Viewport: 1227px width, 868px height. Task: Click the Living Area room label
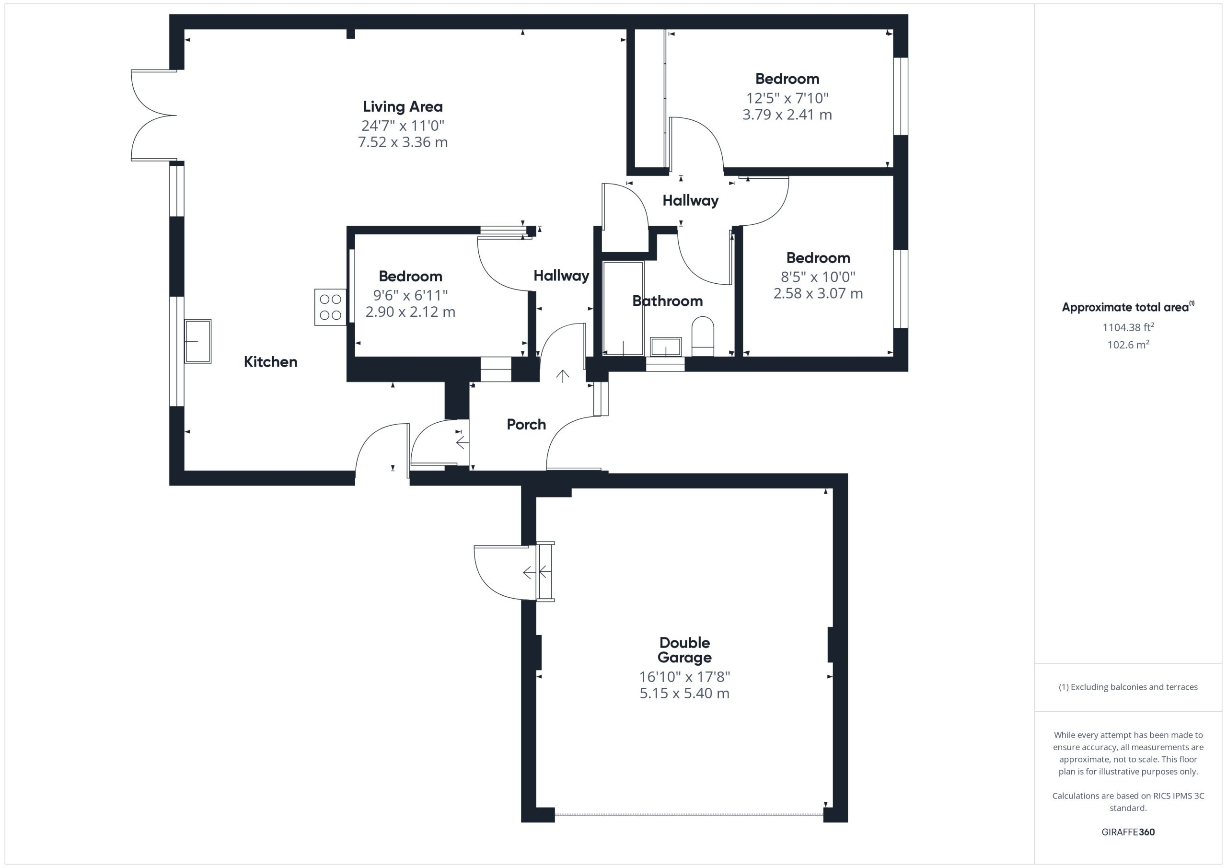(x=403, y=106)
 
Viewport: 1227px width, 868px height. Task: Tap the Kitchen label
(x=270, y=362)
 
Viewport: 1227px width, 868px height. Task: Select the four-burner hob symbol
(x=330, y=307)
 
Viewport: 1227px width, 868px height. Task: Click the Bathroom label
(x=668, y=301)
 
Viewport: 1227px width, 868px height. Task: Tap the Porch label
(x=526, y=424)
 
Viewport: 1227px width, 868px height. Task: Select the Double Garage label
(x=684, y=650)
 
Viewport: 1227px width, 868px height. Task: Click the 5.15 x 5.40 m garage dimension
(x=684, y=693)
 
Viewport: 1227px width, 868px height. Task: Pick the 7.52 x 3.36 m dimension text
(x=403, y=142)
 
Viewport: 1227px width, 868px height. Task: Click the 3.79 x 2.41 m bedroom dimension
(x=787, y=115)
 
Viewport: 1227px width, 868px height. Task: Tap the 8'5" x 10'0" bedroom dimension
(x=818, y=277)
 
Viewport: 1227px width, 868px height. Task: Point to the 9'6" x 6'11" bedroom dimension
(x=410, y=295)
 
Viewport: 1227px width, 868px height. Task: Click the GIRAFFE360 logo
(x=1128, y=832)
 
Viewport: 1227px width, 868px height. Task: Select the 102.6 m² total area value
(x=1128, y=345)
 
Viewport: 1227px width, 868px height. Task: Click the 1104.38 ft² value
(x=1128, y=327)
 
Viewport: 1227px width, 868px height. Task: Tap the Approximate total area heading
(x=1128, y=307)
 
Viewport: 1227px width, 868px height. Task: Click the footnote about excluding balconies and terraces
(x=1128, y=687)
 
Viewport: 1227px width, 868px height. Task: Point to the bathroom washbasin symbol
(x=666, y=347)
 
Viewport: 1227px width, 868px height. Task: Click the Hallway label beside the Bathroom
(x=561, y=276)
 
